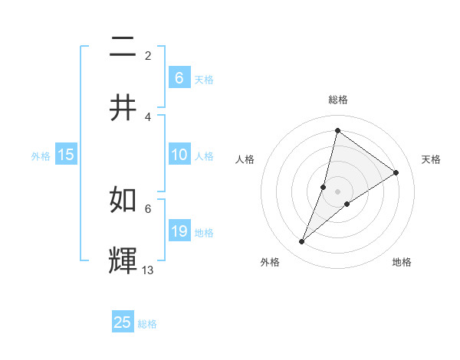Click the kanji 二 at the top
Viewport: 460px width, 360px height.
(123, 48)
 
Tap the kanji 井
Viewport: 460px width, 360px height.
(123, 107)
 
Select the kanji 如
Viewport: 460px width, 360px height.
(123, 201)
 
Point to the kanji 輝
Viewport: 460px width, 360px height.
(123, 260)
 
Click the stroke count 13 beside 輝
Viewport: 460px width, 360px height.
(148, 270)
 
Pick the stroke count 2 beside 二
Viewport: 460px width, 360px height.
(148, 56)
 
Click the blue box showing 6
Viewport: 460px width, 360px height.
(179, 77)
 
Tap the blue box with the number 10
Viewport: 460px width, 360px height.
(179, 155)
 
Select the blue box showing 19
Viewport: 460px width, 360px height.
(179, 231)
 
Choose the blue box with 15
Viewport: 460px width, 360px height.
(66, 155)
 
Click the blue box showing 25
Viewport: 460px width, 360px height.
(123, 322)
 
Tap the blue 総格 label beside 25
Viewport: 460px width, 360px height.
(147, 324)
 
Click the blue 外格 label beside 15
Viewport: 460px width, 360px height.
(41, 156)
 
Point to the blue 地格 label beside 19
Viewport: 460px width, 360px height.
(204, 233)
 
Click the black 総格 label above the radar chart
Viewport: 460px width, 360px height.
(337, 100)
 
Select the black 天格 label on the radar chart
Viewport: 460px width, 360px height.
(431, 159)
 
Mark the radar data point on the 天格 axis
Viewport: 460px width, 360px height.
(396, 172)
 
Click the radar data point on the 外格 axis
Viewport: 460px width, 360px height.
(302, 242)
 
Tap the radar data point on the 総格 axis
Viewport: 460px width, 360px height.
(337, 130)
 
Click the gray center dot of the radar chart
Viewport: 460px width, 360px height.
(337, 191)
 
